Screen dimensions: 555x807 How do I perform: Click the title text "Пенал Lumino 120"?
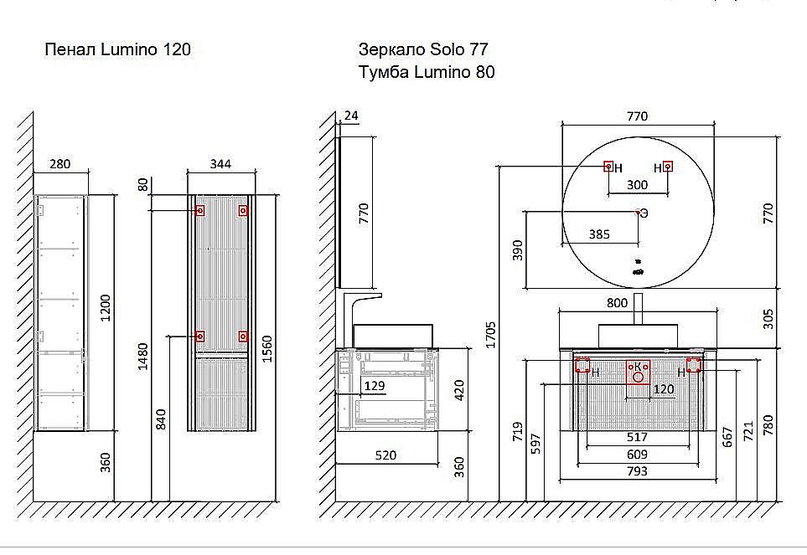click(117, 50)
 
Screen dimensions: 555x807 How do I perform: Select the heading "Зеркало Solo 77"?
click(422, 49)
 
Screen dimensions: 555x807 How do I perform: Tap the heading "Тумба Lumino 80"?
click(426, 72)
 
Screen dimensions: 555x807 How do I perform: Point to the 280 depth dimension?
click(59, 163)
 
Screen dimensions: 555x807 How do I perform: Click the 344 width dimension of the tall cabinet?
click(220, 163)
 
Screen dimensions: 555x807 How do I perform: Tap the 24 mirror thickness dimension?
click(351, 116)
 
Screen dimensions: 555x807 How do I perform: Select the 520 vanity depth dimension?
click(385, 455)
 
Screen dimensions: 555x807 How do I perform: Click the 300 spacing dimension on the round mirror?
click(637, 185)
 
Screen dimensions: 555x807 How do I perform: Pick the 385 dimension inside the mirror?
click(598, 235)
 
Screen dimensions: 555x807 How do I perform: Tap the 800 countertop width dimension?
click(639, 304)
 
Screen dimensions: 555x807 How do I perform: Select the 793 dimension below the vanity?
click(637, 471)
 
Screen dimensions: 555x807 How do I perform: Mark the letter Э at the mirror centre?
click(644, 213)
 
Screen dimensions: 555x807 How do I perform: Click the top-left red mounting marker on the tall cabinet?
click(199, 211)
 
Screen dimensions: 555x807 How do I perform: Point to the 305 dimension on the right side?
click(768, 318)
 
